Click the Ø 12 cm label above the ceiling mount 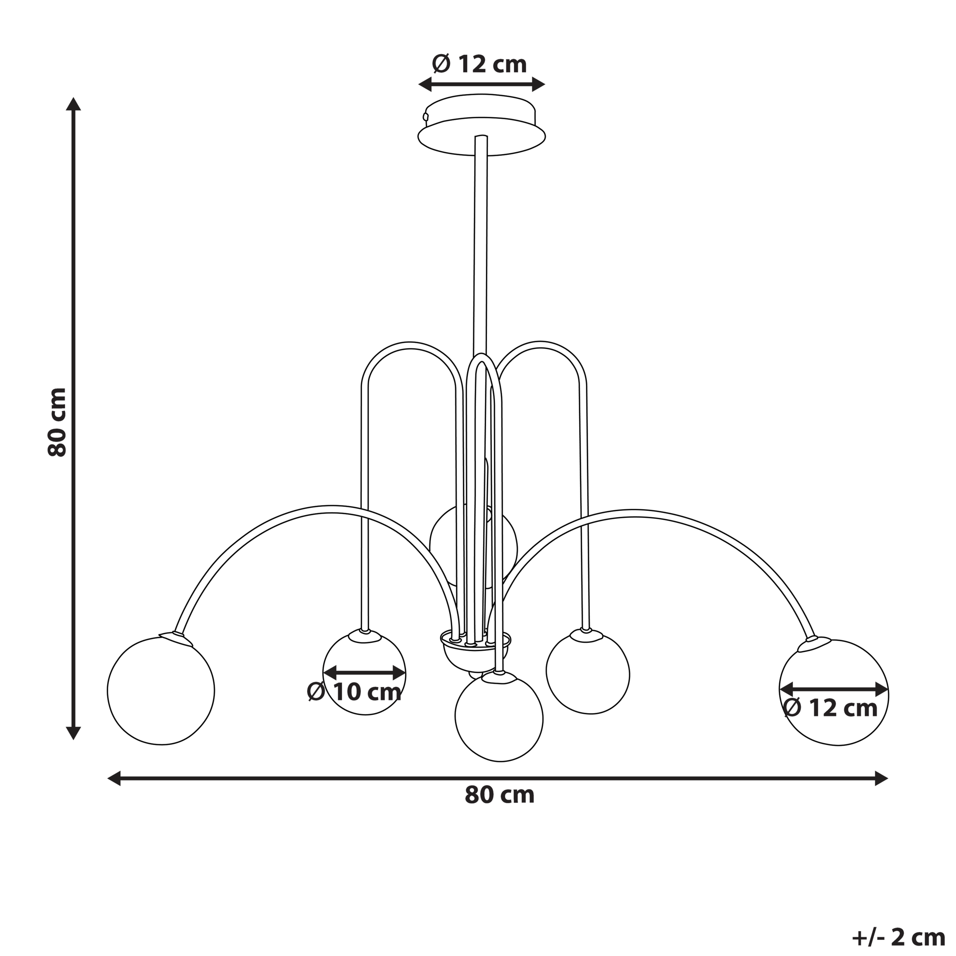point(479,64)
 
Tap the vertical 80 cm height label point(57,422)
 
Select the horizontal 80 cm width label point(500,795)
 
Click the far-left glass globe point(161,692)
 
